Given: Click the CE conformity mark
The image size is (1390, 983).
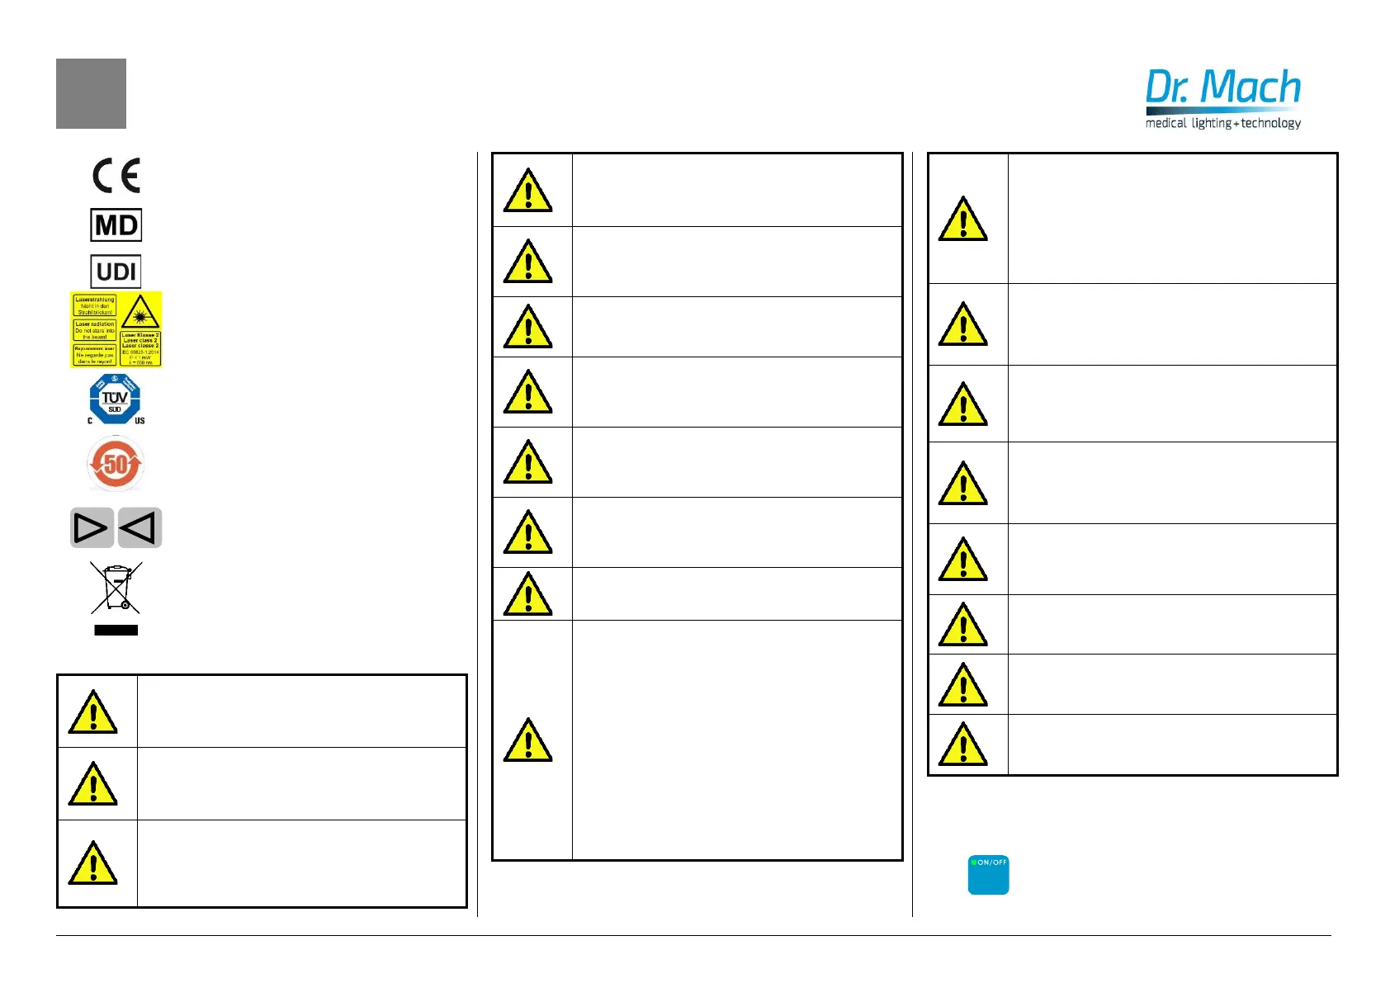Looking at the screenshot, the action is pos(116,175).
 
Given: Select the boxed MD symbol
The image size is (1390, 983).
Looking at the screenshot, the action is pos(116,224).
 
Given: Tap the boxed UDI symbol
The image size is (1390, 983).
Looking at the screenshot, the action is pos(116,272).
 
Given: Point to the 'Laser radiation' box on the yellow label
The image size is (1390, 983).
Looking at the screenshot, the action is pos(95,330).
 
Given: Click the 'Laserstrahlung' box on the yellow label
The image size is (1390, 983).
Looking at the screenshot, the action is pos(95,305).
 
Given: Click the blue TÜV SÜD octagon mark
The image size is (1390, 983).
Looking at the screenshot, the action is pos(115,399).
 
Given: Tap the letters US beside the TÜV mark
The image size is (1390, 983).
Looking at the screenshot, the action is pos(139,421).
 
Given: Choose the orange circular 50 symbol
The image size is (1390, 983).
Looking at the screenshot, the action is pos(116,464).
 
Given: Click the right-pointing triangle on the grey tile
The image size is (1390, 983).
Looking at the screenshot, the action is pos(91,527).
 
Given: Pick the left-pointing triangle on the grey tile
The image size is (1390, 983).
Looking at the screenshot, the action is pos(139,527).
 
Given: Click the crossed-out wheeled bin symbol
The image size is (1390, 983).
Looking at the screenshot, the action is pos(116,588).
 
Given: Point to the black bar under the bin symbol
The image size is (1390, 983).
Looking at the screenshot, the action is pos(116,630).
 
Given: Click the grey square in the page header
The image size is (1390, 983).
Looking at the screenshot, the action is pos(91,93).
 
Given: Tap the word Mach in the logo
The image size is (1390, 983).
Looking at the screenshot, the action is pos(1251,87).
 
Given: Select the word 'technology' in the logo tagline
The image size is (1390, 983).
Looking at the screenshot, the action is pos(1271,123).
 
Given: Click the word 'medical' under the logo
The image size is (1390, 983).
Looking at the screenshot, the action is pos(1165,123).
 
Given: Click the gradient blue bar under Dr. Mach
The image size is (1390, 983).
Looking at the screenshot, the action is pos(1222,110).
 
